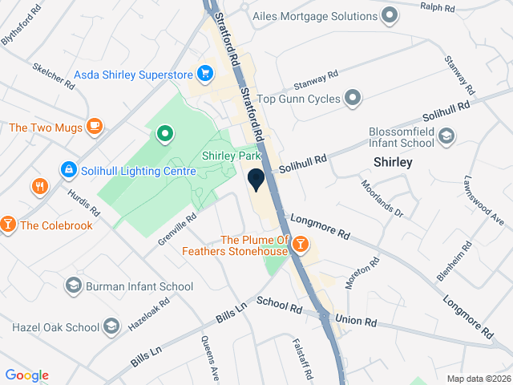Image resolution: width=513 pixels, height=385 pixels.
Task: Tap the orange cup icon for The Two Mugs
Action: click(x=95, y=127)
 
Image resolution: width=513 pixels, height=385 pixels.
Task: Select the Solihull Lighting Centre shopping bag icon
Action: click(x=69, y=170)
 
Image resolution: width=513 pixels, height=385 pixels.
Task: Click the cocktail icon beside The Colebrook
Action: click(x=8, y=225)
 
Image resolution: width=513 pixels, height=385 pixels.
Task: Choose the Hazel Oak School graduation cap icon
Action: click(x=111, y=327)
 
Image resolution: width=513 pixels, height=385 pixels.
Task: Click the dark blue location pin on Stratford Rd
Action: click(x=256, y=180)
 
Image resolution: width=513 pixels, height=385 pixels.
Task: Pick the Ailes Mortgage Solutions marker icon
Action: click(x=390, y=15)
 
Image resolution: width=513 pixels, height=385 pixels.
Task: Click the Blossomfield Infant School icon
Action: click(x=446, y=139)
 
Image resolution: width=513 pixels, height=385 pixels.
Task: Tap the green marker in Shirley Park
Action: click(x=164, y=133)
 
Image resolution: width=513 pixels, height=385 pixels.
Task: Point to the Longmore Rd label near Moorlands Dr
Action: click(x=320, y=225)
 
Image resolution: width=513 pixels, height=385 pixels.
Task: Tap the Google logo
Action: click(x=26, y=375)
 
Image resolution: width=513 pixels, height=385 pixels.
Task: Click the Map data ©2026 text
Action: click(x=478, y=379)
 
